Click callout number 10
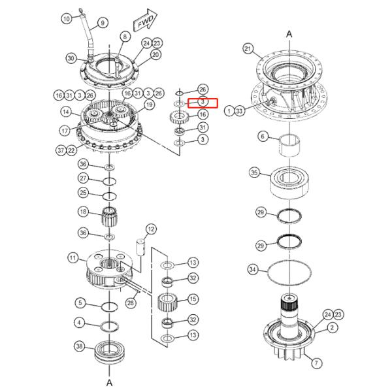click(x=67, y=19)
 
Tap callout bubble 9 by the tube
click(x=103, y=23)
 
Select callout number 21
click(x=248, y=48)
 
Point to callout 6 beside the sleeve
click(x=263, y=137)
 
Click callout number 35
click(x=254, y=172)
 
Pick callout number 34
click(x=252, y=269)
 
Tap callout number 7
click(x=316, y=363)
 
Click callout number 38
click(x=79, y=346)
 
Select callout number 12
click(x=151, y=229)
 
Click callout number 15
click(x=193, y=299)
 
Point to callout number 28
click(x=131, y=303)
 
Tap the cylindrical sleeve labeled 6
click(x=289, y=146)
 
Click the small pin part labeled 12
click(x=140, y=248)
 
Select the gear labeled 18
click(x=109, y=217)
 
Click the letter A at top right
click(x=289, y=34)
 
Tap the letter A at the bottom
click(x=109, y=382)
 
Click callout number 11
click(x=73, y=258)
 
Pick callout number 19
click(x=149, y=105)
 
